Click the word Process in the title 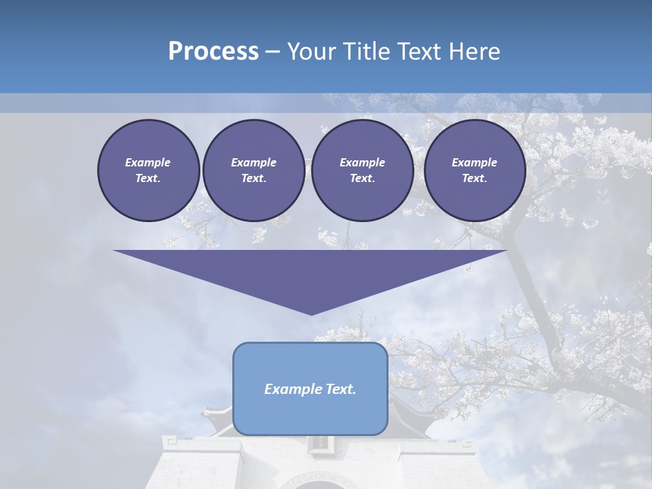[x=213, y=52]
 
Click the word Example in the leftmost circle [x=148, y=162]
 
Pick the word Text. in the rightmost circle [x=474, y=179]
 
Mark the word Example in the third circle [x=362, y=162]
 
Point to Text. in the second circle [x=253, y=179]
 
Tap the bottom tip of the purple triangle [x=311, y=314]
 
